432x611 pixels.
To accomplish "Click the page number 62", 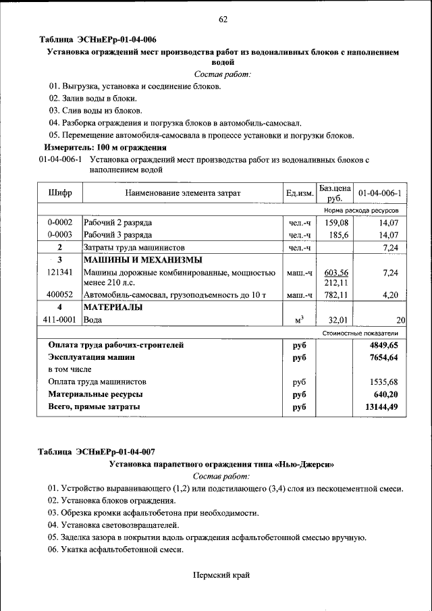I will pos(223,19).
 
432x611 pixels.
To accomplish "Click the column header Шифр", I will pos(60,193).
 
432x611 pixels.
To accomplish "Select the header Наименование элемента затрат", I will pos(182,194).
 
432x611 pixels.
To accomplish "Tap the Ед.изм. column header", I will pos(300,194).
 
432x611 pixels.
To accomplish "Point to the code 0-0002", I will pos(60,222).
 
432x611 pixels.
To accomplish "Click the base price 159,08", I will pos(335,222).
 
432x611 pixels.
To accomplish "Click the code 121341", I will pos(60,272).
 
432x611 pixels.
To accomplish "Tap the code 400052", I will pos(60,295).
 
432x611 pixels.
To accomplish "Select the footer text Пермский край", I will pos(221,575).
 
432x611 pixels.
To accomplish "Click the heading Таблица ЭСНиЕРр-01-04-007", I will pos(97,452).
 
